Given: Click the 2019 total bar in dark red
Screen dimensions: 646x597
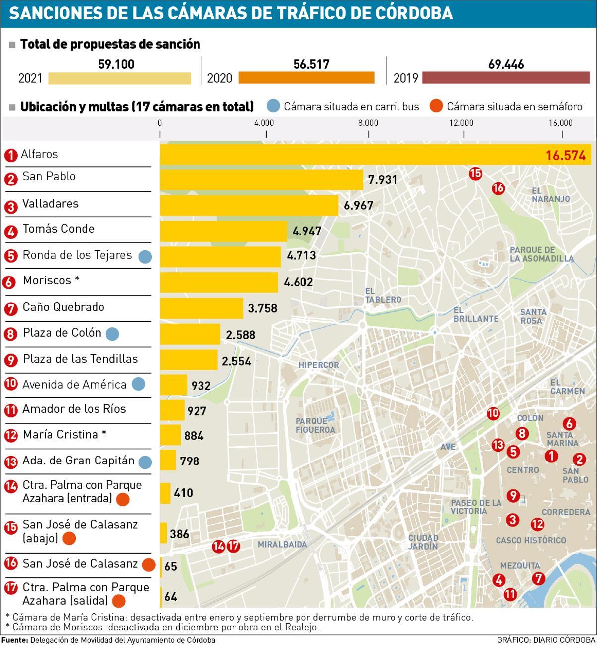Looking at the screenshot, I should point(505,78).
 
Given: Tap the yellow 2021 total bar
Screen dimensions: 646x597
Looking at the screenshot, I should point(119,78).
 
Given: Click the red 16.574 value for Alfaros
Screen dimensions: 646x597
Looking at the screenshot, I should point(565,156).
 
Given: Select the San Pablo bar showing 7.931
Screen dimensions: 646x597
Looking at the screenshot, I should point(261,180).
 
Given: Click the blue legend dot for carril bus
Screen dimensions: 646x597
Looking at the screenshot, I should point(273,106).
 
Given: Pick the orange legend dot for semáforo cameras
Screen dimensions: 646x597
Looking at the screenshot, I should point(436,106).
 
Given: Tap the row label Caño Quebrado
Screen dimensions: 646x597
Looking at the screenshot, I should point(63,307).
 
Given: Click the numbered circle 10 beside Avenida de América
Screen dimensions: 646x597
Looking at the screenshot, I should point(11,384).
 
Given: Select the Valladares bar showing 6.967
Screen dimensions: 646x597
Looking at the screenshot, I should point(249,205).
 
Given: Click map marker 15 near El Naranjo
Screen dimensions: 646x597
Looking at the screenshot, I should point(475,173).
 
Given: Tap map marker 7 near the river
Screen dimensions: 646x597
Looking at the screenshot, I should point(538,578).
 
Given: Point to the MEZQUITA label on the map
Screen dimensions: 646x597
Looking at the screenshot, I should point(520,565).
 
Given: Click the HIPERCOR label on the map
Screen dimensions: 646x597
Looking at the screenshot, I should point(318,365).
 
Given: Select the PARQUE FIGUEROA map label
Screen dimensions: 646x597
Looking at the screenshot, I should point(315,425).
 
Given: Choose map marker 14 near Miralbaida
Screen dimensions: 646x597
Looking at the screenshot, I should point(218,546).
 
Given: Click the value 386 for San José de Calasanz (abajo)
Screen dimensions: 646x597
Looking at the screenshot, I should point(179,534).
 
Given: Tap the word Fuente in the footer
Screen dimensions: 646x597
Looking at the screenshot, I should point(14,640).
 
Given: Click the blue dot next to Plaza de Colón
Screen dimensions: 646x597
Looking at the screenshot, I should point(112,334).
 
